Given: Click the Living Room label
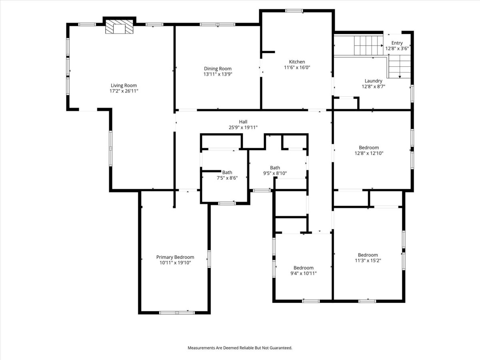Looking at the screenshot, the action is (124, 86).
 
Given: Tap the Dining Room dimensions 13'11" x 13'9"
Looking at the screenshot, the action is (218, 74).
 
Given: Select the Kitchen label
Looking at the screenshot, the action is (297, 62).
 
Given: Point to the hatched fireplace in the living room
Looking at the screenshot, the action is (119, 27).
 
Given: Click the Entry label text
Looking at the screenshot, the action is (397, 43).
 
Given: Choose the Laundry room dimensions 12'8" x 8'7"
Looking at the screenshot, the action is (373, 86).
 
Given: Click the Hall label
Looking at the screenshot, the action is (243, 122).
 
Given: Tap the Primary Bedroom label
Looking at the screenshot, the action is (175, 257).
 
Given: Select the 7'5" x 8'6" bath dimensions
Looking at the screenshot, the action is (227, 178).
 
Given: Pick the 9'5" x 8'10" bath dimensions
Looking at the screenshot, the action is (275, 173).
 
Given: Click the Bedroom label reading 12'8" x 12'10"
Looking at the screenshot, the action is (369, 148).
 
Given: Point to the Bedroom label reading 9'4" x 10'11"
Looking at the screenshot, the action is (303, 268).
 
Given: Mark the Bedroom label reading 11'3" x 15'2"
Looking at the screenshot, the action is (368, 255).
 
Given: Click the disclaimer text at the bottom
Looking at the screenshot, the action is (240, 348).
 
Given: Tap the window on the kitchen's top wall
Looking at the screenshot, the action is (294, 11).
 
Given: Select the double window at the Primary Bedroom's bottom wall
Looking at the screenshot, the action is (177, 313).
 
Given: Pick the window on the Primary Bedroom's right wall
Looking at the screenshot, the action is (209, 259).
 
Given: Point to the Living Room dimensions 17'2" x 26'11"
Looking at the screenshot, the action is (124, 91).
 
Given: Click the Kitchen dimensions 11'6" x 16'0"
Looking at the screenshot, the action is (297, 67).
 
